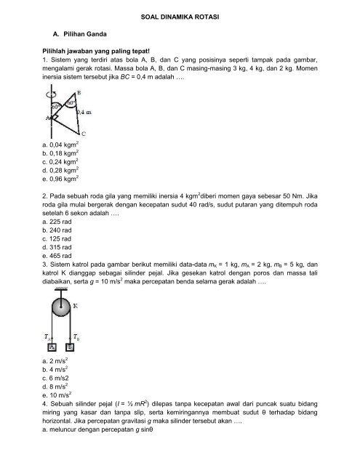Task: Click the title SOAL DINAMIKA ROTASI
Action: point(180,17)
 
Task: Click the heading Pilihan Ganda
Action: point(85,34)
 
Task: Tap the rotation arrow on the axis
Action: point(52,94)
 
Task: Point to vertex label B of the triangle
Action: point(79,92)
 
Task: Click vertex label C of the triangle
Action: point(84,134)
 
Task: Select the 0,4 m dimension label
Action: point(84,112)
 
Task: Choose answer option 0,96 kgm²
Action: point(60,179)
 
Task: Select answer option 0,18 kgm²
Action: point(60,153)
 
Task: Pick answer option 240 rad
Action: point(57,230)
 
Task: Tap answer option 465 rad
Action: point(57,256)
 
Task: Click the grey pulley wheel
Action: point(61,307)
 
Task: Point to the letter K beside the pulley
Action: point(76,306)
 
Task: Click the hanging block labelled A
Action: point(52,347)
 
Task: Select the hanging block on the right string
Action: point(70,347)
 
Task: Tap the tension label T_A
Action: point(47,337)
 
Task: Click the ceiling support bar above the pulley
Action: point(61,289)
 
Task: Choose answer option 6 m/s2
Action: point(55,378)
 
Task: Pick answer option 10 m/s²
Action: point(57,395)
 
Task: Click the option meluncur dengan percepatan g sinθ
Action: point(97,429)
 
